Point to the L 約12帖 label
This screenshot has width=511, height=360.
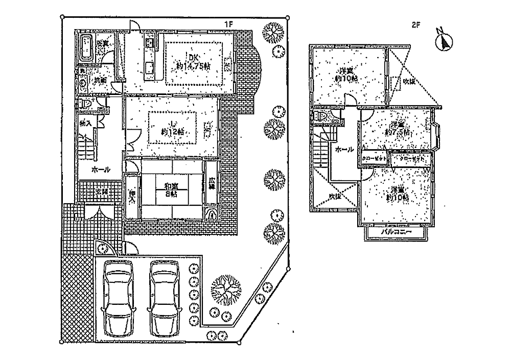coord(173,127)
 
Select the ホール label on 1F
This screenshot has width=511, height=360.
coord(101,170)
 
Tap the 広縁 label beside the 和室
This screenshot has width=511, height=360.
coord(212,183)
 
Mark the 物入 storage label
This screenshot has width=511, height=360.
coord(86,124)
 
